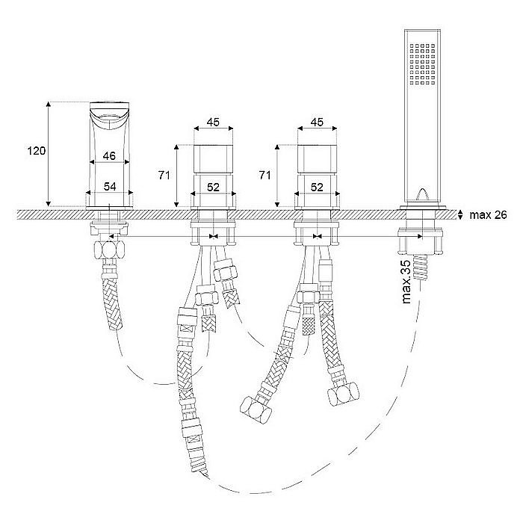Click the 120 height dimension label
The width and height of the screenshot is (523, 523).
[37, 151]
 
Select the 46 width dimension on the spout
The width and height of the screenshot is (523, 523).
[109, 155]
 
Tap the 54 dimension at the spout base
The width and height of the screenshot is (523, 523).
[110, 187]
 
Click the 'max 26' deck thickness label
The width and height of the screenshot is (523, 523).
[488, 215]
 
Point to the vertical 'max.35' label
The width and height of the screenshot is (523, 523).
[406, 282]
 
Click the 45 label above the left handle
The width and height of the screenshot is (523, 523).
[213, 122]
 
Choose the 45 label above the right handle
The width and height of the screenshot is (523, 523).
[317, 122]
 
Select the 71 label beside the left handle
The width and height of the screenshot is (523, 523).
[164, 175]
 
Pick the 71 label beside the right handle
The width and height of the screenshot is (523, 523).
[264, 175]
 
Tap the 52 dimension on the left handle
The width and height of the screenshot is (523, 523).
[213, 187]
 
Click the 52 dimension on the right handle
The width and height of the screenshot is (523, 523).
[317, 187]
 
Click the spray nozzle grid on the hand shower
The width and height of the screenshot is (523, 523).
[423, 64]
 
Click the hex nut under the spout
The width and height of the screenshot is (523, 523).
[109, 250]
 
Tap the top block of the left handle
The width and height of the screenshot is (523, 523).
[214, 159]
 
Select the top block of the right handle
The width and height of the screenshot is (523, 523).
[318, 159]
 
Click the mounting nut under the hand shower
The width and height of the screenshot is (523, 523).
[420, 241]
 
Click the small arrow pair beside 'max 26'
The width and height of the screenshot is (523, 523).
[460, 215]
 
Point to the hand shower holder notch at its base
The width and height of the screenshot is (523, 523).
[422, 195]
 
